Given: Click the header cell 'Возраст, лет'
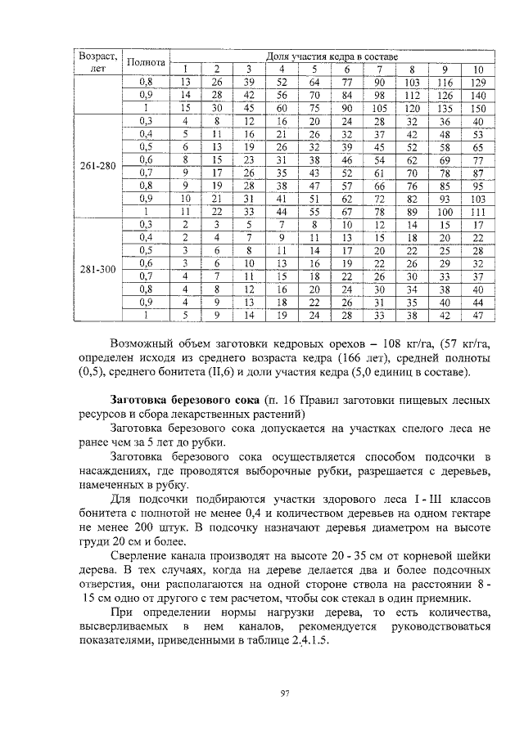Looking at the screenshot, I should (97, 62).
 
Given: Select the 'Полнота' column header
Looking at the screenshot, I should (147, 62).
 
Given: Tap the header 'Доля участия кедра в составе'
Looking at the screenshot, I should (332, 56).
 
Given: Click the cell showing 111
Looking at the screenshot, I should (479, 210).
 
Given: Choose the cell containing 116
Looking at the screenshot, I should (445, 82).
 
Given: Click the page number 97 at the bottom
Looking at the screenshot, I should (286, 693).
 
